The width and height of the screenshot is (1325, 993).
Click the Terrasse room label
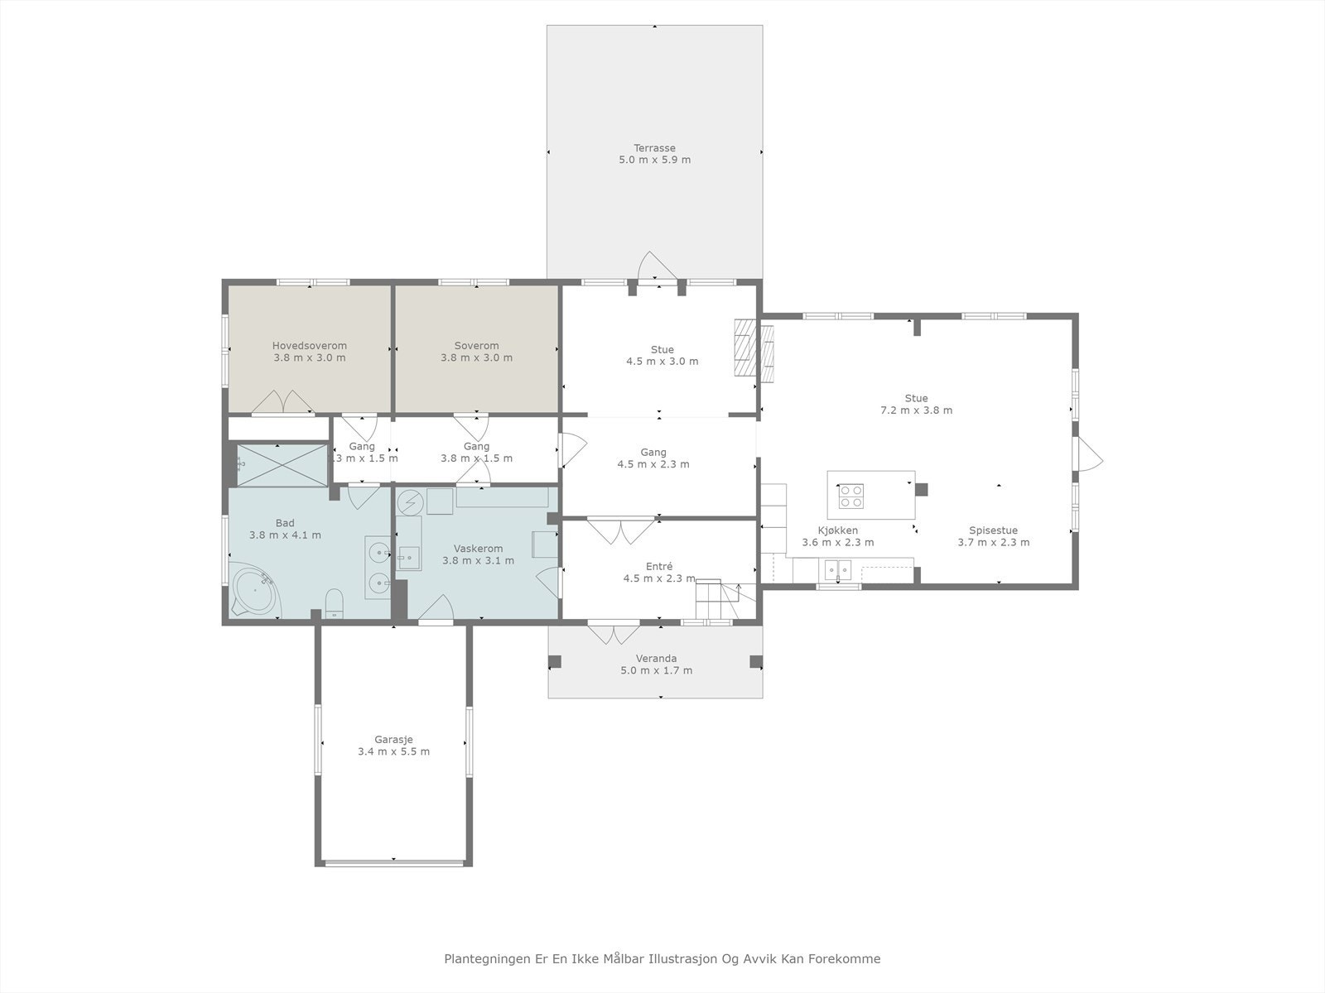(654, 148)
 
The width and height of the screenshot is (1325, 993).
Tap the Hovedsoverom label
(309, 345)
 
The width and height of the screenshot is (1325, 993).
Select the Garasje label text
(393, 740)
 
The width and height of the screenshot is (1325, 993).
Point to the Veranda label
(656, 659)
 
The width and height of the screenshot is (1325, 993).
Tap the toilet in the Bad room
(335, 603)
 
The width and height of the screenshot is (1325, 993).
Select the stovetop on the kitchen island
(851, 496)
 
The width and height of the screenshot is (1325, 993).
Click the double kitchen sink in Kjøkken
(838, 570)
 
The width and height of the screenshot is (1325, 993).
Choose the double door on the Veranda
(614, 633)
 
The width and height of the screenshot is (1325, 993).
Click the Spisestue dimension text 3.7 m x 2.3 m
(994, 542)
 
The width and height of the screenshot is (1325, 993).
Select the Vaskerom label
(478, 549)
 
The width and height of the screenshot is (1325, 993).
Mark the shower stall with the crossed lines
(282, 465)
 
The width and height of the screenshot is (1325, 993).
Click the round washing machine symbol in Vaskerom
(411, 501)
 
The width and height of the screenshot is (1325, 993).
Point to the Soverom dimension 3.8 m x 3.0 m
(476, 357)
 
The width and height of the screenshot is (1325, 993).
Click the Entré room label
(659, 566)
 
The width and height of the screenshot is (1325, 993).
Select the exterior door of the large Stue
(1090, 454)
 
